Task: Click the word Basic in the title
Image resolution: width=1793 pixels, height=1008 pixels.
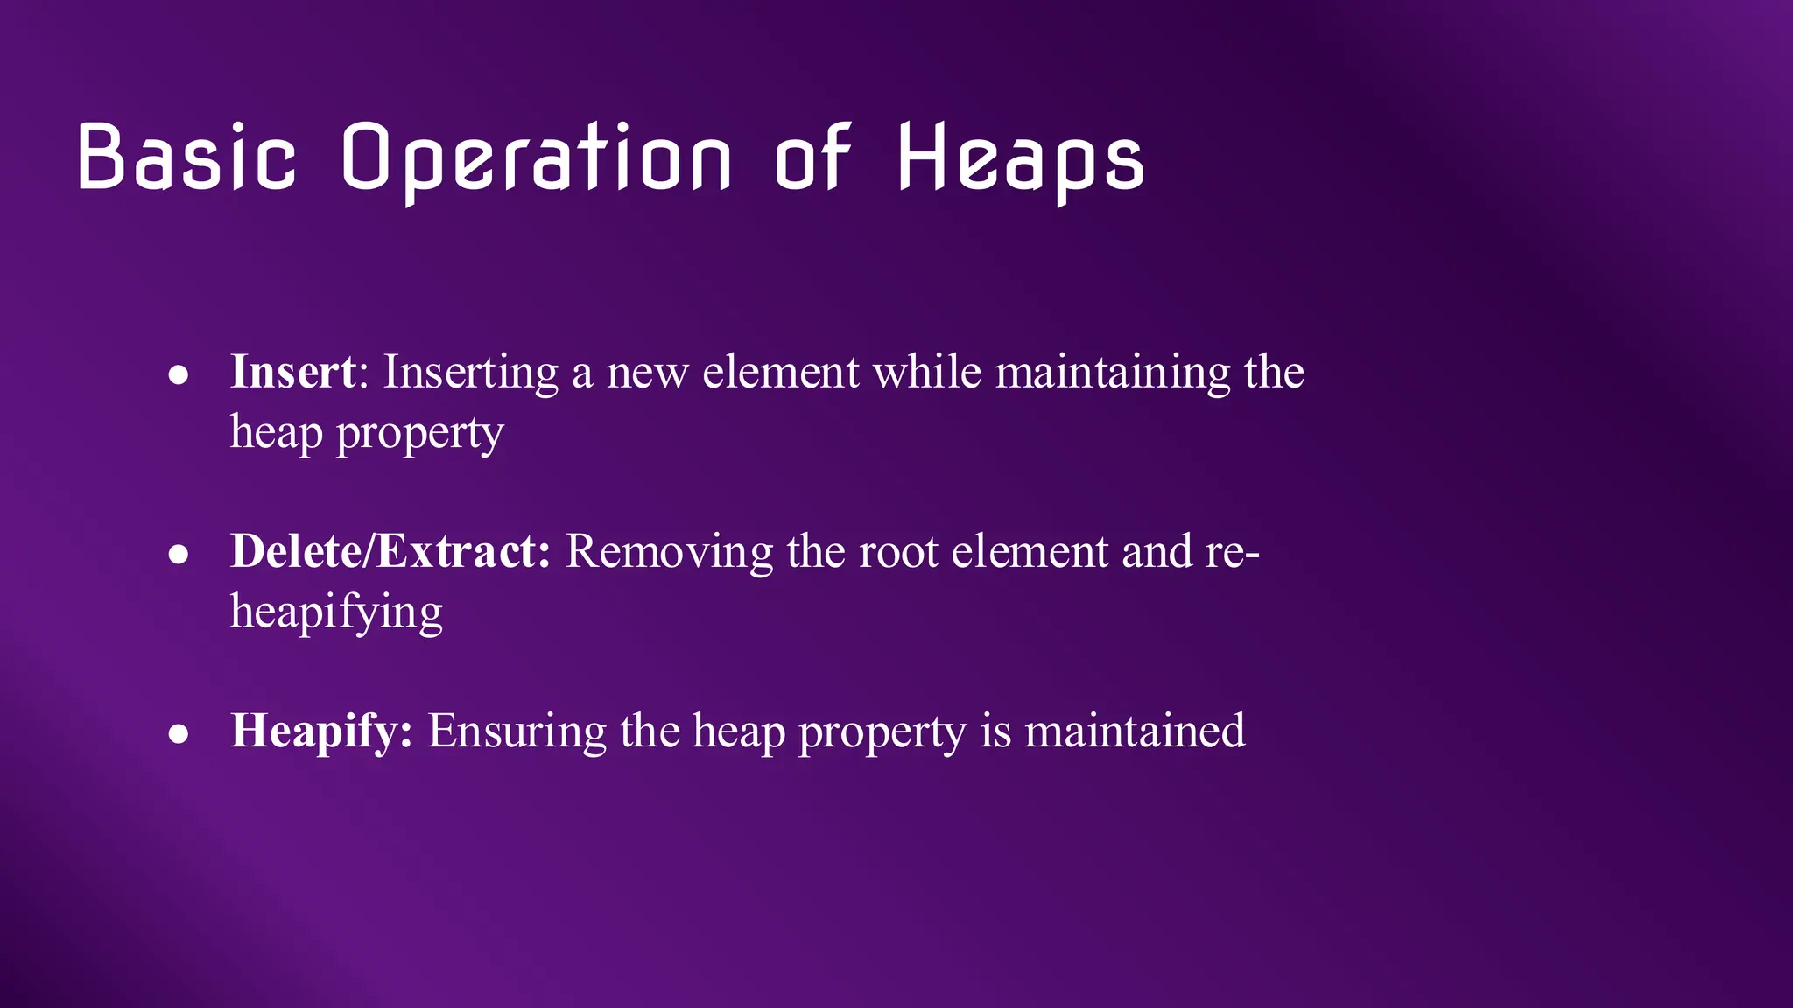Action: coord(187,157)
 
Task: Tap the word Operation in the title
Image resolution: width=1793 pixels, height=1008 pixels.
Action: coord(536,160)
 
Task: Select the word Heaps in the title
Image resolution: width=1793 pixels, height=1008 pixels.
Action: coord(1021,160)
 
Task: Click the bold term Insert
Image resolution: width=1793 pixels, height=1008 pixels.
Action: coord(293,372)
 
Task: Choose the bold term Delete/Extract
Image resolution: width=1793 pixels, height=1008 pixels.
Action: coord(390,551)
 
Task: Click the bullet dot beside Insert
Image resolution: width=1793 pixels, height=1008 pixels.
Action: coord(179,375)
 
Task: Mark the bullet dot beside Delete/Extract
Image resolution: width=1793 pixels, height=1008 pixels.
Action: coord(179,555)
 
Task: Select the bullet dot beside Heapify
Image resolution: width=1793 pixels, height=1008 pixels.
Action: coord(179,734)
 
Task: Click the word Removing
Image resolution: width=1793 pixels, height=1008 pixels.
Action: coord(670,553)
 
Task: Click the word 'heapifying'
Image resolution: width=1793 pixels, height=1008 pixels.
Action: coord(336,612)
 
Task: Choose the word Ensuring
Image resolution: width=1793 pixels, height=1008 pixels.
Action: coord(517,732)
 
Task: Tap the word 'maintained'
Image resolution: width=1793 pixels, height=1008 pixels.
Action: coord(1135,731)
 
